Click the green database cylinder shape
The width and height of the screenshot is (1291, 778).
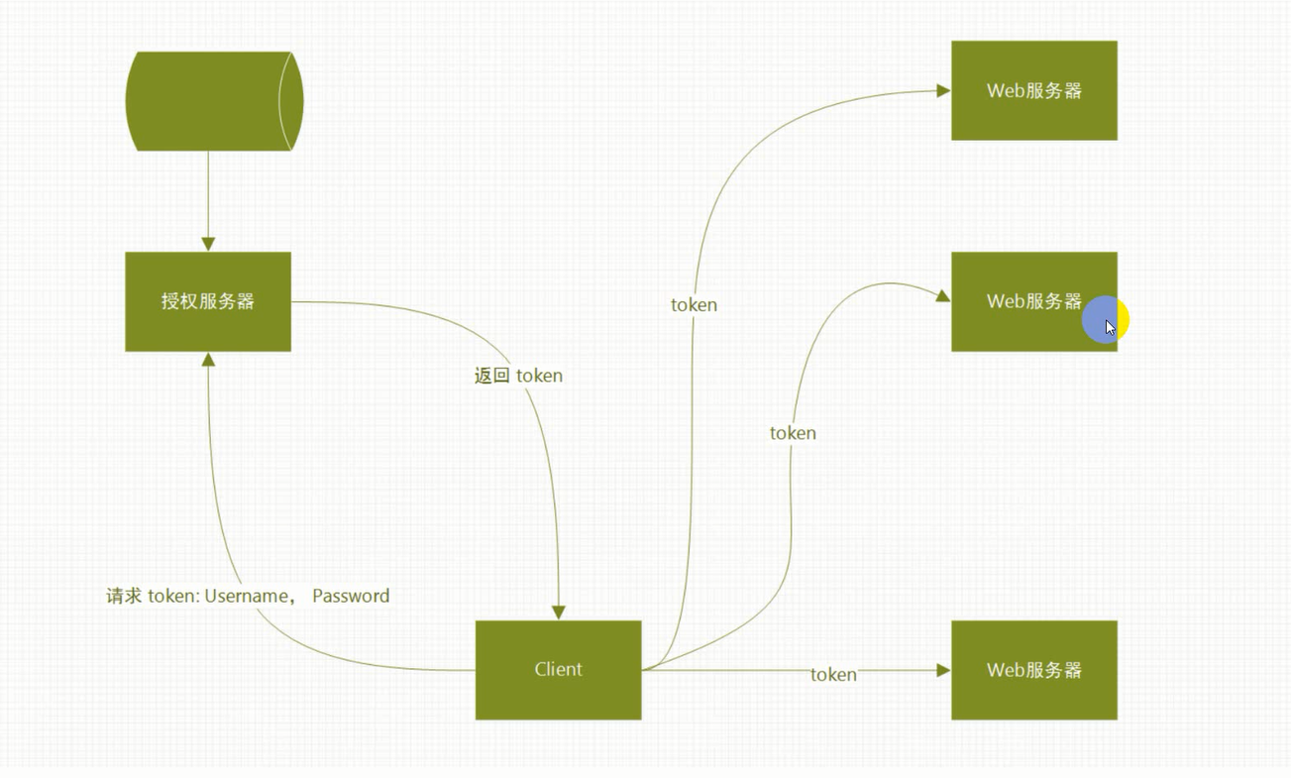click(x=213, y=101)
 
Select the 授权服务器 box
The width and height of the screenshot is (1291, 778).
click(x=208, y=301)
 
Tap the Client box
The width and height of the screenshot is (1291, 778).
click(x=558, y=670)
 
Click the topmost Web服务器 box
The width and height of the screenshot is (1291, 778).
click(x=1033, y=90)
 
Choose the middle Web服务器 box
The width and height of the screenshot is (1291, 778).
click(x=1021, y=301)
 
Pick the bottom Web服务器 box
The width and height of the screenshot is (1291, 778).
click(x=1033, y=670)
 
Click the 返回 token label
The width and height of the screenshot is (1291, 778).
click(x=518, y=376)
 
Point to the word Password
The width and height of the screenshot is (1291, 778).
click(x=351, y=596)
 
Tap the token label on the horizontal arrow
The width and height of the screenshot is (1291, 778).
click(x=833, y=675)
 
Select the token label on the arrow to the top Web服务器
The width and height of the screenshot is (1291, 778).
click(x=694, y=304)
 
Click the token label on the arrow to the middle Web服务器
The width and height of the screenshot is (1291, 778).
click(x=793, y=433)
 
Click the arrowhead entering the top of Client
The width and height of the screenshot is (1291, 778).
click(x=559, y=612)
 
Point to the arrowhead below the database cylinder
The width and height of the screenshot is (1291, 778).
click(x=208, y=244)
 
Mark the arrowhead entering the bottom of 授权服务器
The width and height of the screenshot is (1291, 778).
click(x=208, y=360)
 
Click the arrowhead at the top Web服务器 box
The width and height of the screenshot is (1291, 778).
click(x=943, y=90)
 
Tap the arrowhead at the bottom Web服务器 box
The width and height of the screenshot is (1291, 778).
click(x=943, y=670)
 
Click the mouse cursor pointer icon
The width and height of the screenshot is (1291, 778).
click(x=1111, y=328)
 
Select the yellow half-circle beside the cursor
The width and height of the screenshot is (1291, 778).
click(x=1124, y=320)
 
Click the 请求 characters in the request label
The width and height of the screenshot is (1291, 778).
click(x=124, y=596)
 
